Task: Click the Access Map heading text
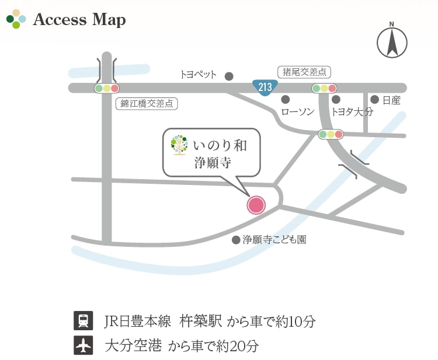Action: [x=79, y=20]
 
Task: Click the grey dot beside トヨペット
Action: [x=229, y=76]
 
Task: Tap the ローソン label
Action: [x=297, y=111]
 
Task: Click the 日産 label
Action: [x=392, y=100]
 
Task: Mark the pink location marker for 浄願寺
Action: [x=256, y=205]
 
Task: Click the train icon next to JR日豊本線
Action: [x=83, y=321]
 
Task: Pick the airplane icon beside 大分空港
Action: [x=83, y=345]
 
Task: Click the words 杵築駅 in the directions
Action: [x=201, y=321]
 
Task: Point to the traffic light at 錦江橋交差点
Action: [x=106, y=89]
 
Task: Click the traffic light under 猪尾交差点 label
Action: [x=324, y=89]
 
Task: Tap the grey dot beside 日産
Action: [x=374, y=100]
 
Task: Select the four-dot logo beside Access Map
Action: [x=16, y=19]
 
